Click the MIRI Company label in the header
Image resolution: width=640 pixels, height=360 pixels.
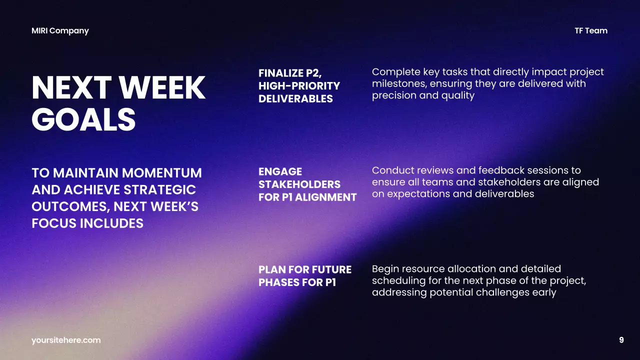[60, 30]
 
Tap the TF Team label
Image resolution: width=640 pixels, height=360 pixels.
[591, 30]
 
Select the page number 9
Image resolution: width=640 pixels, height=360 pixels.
[621, 340]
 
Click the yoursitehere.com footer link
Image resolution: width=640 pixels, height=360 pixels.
[66, 340]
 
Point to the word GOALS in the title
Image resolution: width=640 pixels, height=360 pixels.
[83, 119]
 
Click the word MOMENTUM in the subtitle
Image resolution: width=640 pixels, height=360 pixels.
[162, 173]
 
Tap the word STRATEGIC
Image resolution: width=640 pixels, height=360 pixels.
[159, 190]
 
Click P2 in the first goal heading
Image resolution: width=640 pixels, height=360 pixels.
[312, 73]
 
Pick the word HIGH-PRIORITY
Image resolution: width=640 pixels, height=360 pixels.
[299, 86]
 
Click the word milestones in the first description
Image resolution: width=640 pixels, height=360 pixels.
[399, 83]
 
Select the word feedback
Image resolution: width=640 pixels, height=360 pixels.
[505, 170]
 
